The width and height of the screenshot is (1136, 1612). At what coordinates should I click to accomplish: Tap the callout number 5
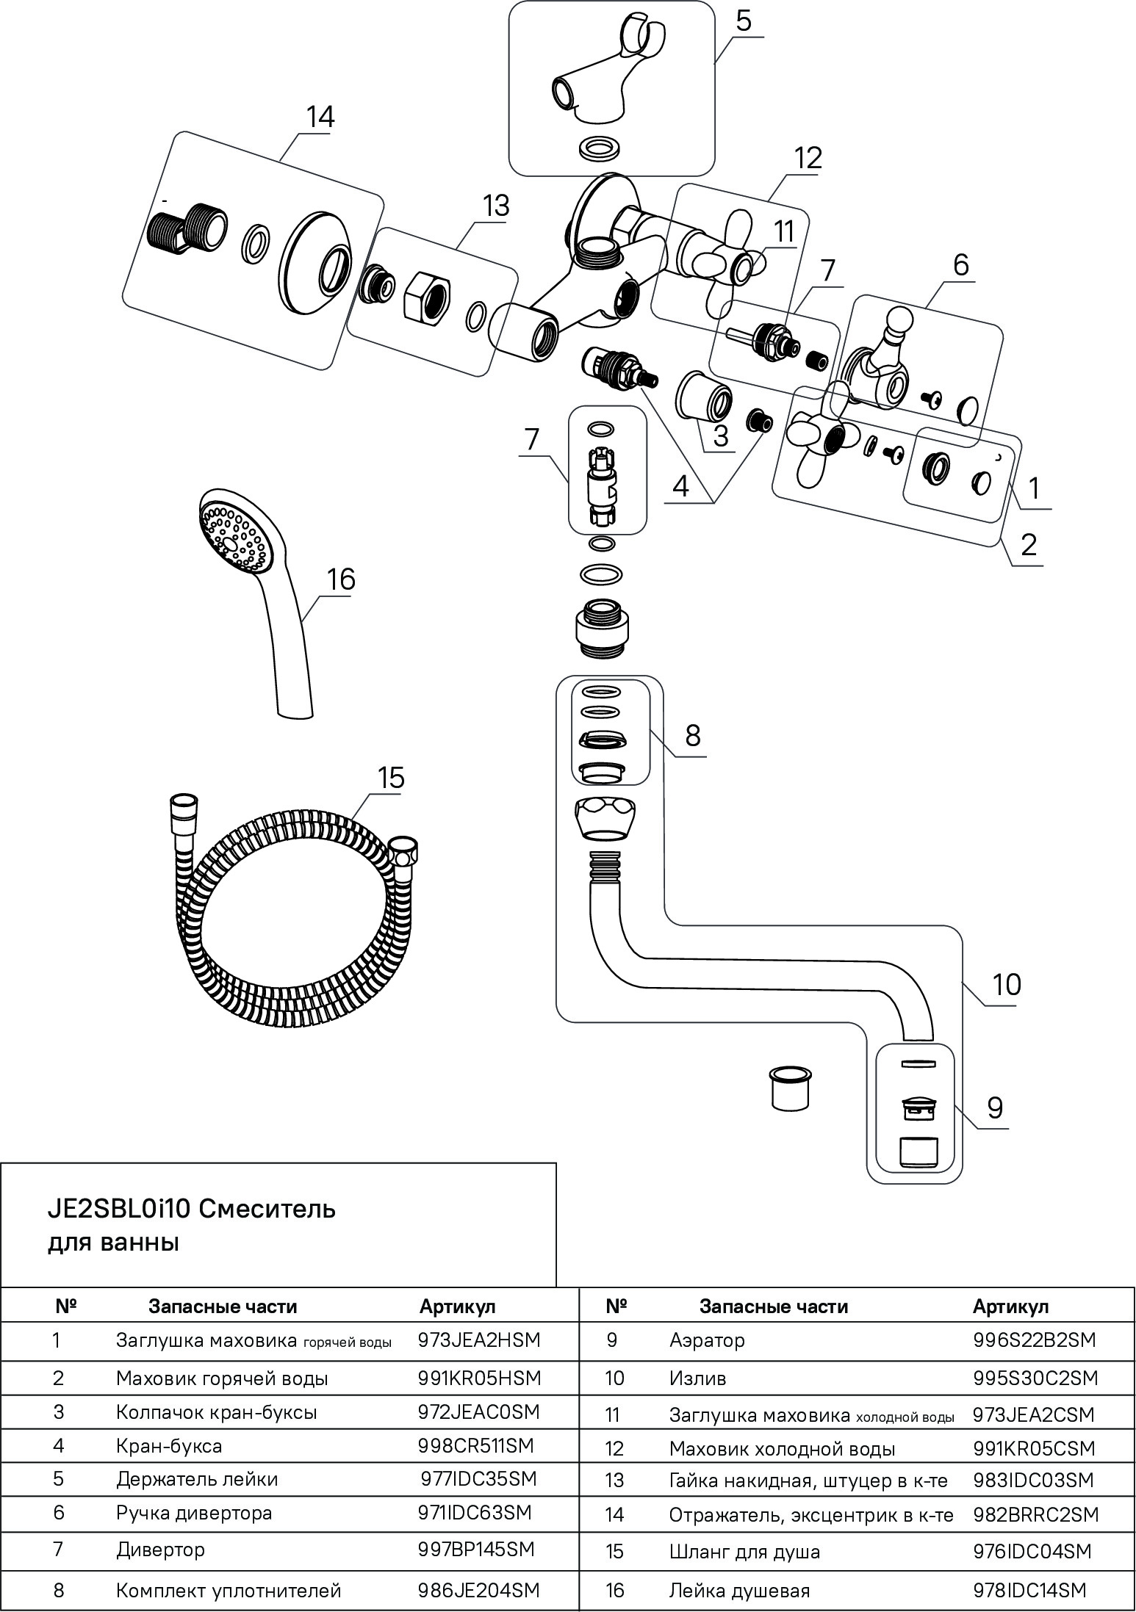click(743, 21)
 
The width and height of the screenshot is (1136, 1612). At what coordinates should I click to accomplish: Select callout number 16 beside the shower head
click(341, 579)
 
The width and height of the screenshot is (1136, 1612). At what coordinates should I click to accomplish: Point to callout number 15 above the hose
click(391, 777)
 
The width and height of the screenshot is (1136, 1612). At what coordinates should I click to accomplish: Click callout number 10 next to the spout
click(1006, 984)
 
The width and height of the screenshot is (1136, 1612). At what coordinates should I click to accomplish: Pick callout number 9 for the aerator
click(994, 1107)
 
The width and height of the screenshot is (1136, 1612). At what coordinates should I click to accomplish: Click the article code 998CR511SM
click(475, 1445)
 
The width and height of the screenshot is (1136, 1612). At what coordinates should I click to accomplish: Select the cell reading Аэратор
click(707, 1340)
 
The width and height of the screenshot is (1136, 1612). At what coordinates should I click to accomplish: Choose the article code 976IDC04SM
click(1032, 1551)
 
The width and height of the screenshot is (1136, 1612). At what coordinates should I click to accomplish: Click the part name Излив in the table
click(697, 1378)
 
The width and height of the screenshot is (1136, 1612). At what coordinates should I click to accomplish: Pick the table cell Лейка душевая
click(739, 1591)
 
